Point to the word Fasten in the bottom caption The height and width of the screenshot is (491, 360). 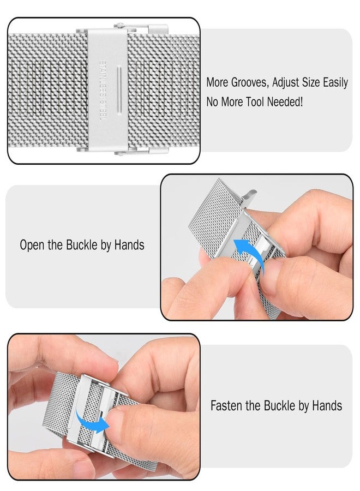tap(226, 406)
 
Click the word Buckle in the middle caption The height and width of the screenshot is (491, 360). tap(81, 245)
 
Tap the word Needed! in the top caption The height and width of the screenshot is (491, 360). tap(285, 101)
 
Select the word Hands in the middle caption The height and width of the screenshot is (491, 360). tap(129, 245)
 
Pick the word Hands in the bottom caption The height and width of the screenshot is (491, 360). tap(327, 406)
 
